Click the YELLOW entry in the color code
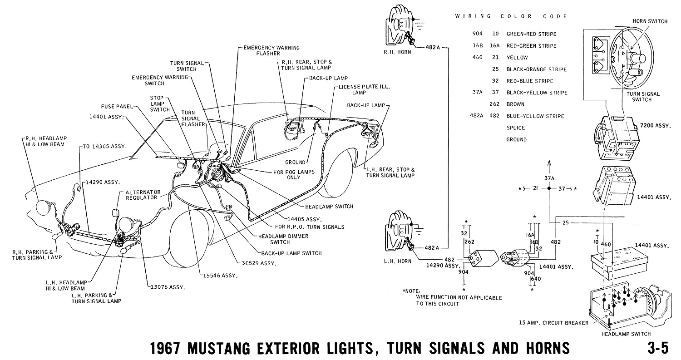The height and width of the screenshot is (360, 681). tap(517, 58)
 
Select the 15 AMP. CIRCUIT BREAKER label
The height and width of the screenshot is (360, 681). tap(553, 323)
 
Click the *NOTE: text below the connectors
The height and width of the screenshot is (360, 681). tap(412, 291)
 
